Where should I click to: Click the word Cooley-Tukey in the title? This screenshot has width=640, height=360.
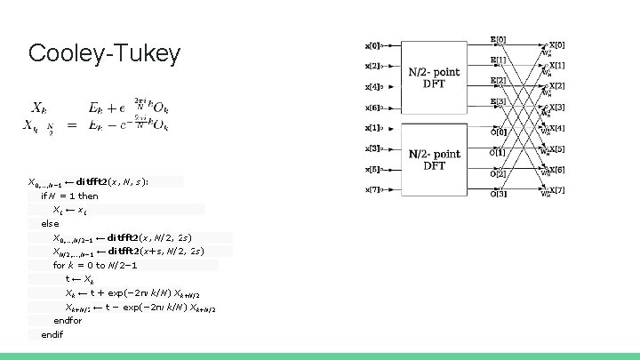[104, 53]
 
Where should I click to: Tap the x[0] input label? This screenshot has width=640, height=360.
[372, 44]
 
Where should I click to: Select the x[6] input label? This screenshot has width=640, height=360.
[372, 108]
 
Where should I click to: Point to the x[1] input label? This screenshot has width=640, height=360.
[372, 128]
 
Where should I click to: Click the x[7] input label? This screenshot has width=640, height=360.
[372, 189]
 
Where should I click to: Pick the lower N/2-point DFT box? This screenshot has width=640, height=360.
[434, 160]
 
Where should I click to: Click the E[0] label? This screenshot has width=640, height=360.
[499, 40]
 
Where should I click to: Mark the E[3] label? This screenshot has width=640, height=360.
[499, 102]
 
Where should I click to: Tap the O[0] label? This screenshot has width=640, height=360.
[499, 132]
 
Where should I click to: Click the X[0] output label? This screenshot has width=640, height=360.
[556, 44]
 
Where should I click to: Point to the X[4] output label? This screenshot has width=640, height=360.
[556, 128]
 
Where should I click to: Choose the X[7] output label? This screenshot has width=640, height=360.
[556, 190]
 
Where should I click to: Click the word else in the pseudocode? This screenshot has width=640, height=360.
[50, 224]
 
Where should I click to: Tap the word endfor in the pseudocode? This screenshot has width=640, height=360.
[67, 321]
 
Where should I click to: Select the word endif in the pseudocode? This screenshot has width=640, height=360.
[52, 334]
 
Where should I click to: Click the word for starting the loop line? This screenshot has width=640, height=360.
[59, 266]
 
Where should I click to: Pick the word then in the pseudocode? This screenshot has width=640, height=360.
[88, 196]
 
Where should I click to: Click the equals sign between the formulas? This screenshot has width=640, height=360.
[71, 124]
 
